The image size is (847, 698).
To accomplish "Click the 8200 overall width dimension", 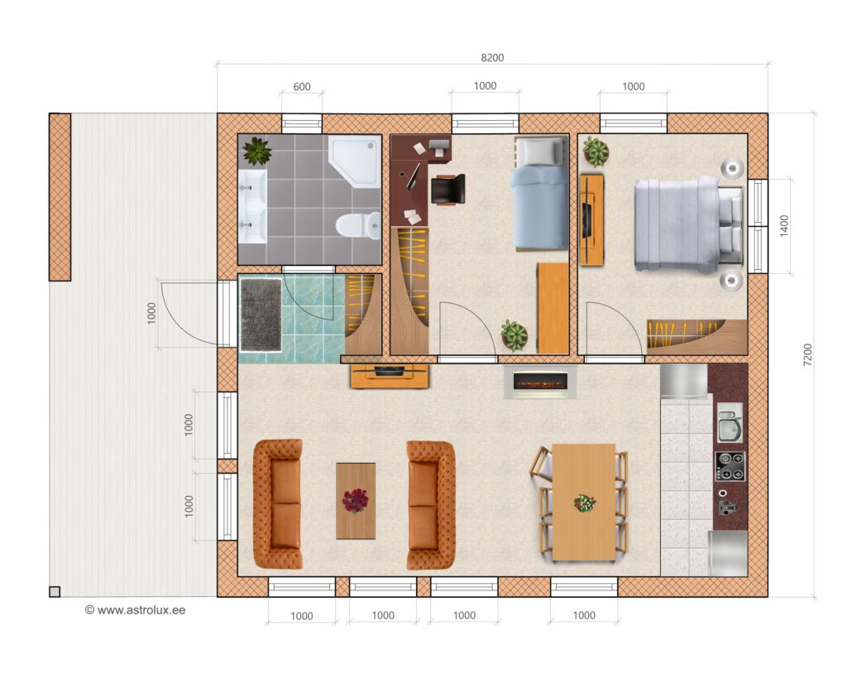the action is pos(492,58).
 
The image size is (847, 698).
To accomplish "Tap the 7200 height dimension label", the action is pos(807,354).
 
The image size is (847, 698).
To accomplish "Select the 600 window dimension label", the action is pos(302,86).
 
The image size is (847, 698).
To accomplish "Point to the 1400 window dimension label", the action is pos(784,225).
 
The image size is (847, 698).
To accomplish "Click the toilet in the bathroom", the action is pos(357,225).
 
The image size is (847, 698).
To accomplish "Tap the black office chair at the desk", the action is pos(447,190).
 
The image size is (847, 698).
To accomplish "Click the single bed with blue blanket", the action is pos(539,194).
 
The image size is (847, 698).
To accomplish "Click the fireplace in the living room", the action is pos(540,383).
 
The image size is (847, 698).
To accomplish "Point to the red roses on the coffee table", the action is pos(355,501).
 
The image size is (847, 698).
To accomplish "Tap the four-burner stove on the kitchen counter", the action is pos(730,467).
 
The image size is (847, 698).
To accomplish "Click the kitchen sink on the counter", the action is pos(730,422).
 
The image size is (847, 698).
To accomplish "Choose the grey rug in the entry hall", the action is pos(261,315).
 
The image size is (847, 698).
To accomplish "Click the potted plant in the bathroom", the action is pos(257,151).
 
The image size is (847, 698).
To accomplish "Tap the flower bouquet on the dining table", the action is pos(585,503).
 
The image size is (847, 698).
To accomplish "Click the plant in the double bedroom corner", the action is pos(596,152).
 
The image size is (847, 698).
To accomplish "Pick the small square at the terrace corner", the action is pos(55,592).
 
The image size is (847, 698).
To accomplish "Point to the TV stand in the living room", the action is pos(390,376).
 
